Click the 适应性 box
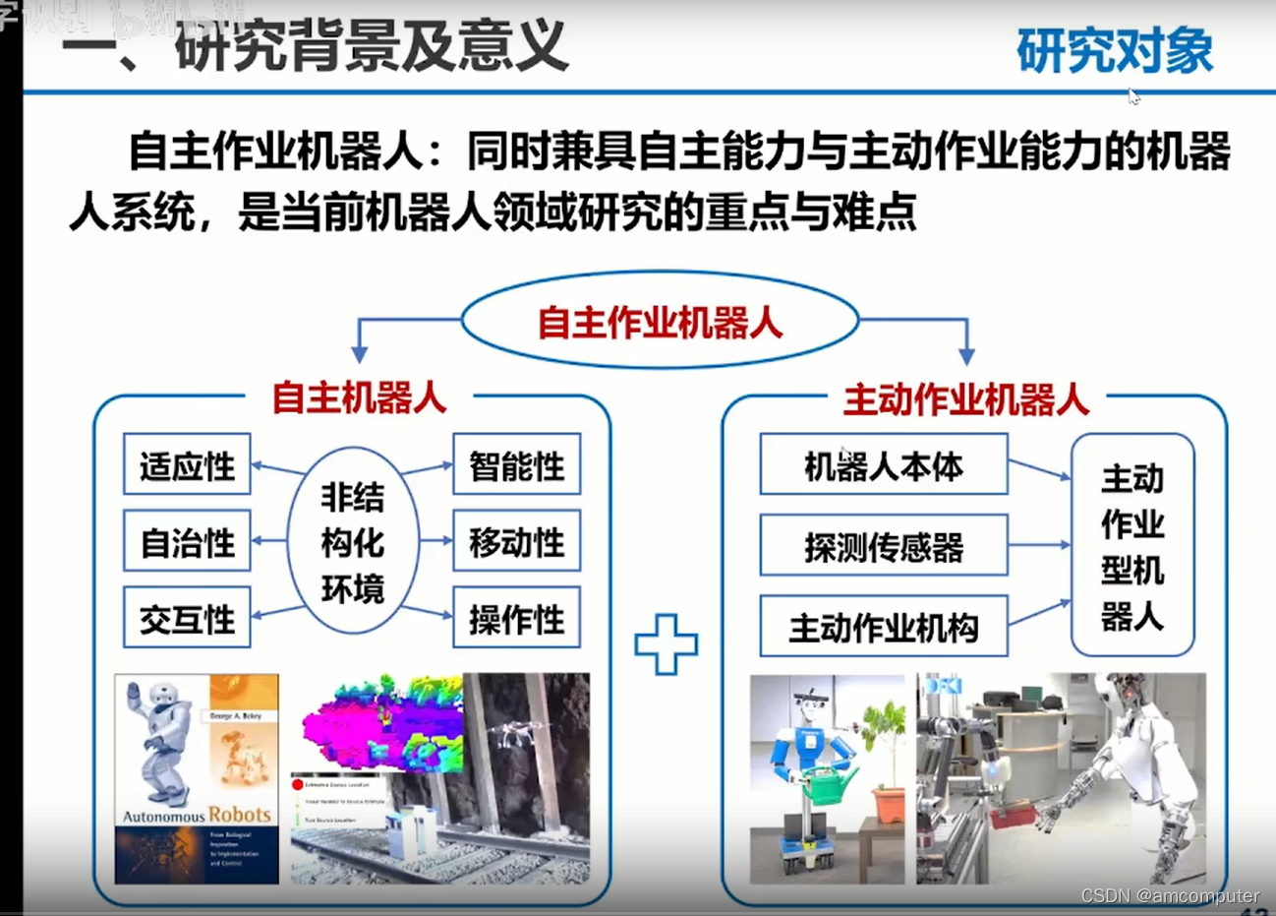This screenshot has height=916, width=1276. [x=187, y=464]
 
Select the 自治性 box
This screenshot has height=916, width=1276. [x=187, y=541]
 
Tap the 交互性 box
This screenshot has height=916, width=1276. [x=187, y=619]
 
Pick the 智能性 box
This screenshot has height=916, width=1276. [x=516, y=464]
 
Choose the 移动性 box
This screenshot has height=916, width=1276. [x=516, y=541]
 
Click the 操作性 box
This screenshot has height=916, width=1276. [x=516, y=619]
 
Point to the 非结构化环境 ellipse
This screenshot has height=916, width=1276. [x=352, y=542]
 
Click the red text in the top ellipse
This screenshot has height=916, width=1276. [x=660, y=322]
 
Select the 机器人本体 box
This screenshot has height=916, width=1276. [x=883, y=465]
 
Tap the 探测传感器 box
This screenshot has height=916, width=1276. [x=883, y=546]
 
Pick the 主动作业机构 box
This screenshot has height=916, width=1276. [x=883, y=627]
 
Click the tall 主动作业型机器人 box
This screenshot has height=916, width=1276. [x=1131, y=546]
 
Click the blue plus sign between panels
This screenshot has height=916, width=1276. [x=667, y=644]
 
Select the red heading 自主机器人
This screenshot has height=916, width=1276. [x=359, y=397]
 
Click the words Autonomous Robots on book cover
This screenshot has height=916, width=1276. [x=197, y=815]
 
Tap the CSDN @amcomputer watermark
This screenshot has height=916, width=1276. [x=1170, y=896]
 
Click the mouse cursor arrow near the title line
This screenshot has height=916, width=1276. [x=1133, y=96]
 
